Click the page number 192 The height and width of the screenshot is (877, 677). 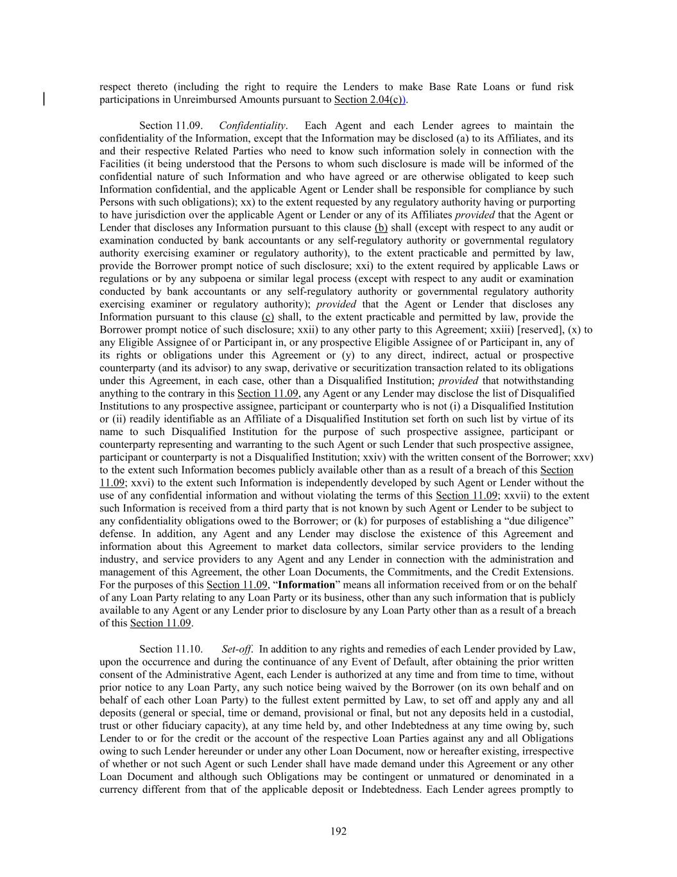(x=338, y=831)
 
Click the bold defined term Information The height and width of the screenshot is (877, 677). (x=306, y=585)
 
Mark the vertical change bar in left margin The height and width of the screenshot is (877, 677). (x=44, y=99)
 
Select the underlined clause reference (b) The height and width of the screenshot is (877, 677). (x=381, y=227)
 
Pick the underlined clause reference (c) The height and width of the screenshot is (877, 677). (x=268, y=317)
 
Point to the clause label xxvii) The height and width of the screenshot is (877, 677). (x=526, y=495)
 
